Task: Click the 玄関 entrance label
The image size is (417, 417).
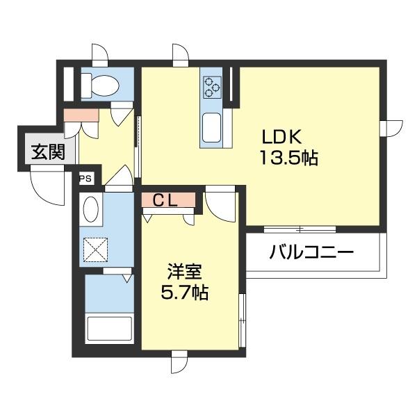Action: point(47,151)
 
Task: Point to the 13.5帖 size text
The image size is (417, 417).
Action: point(288,158)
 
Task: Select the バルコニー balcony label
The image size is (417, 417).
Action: point(312,252)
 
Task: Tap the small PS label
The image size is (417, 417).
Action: point(85,179)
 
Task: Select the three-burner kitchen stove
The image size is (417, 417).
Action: point(211,88)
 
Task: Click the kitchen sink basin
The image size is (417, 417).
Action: point(211,127)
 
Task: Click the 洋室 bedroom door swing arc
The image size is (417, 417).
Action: point(222,203)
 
